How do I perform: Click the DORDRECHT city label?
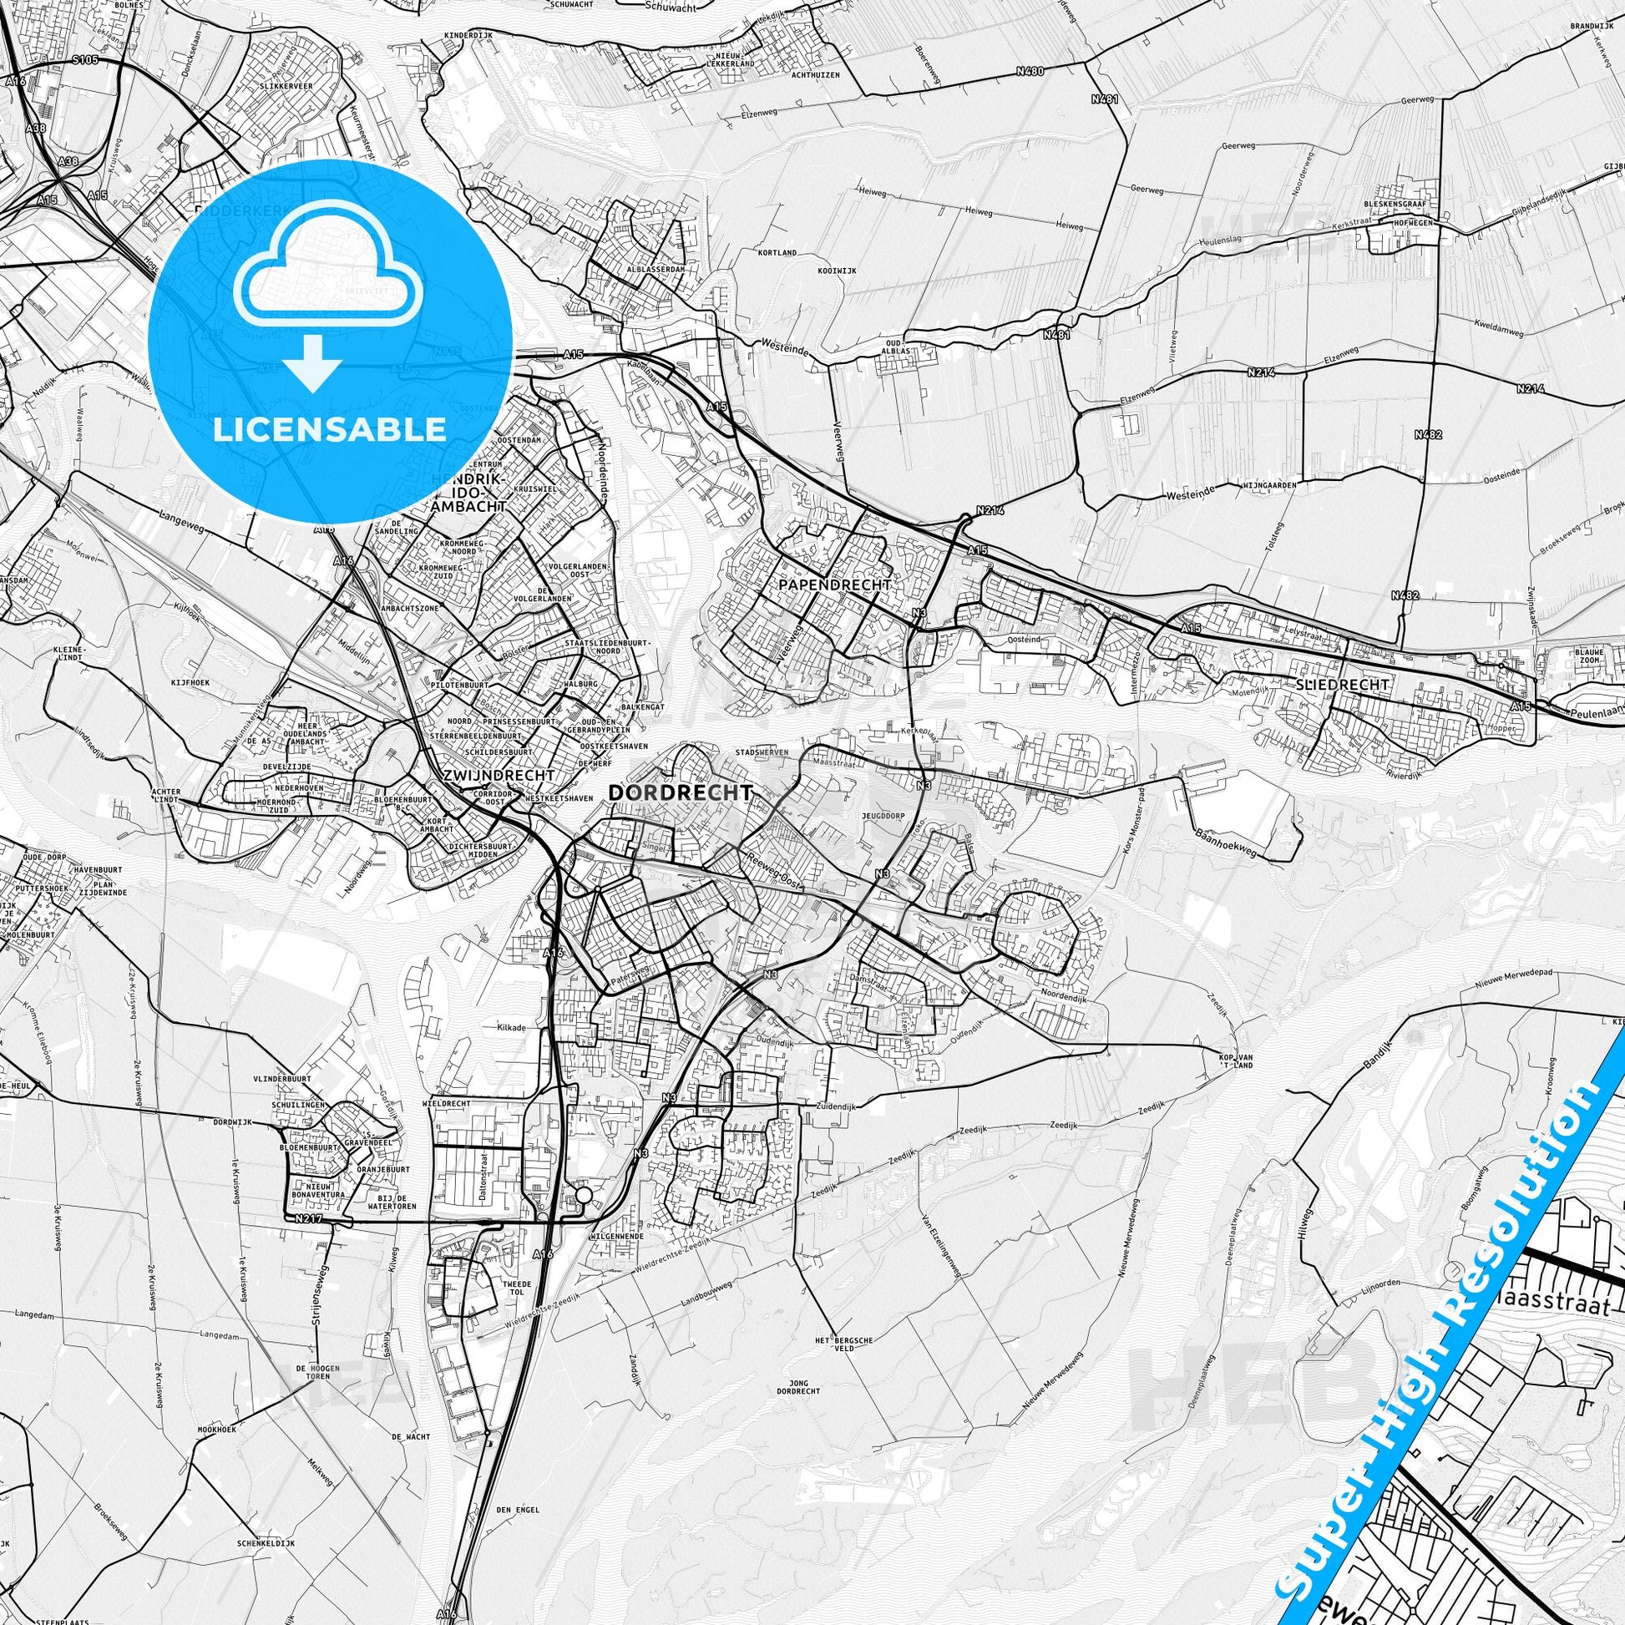coord(680,792)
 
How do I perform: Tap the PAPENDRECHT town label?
coord(834,584)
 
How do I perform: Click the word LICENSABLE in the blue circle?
coord(330,430)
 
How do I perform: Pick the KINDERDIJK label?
coord(471,36)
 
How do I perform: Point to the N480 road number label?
coord(1029,72)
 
